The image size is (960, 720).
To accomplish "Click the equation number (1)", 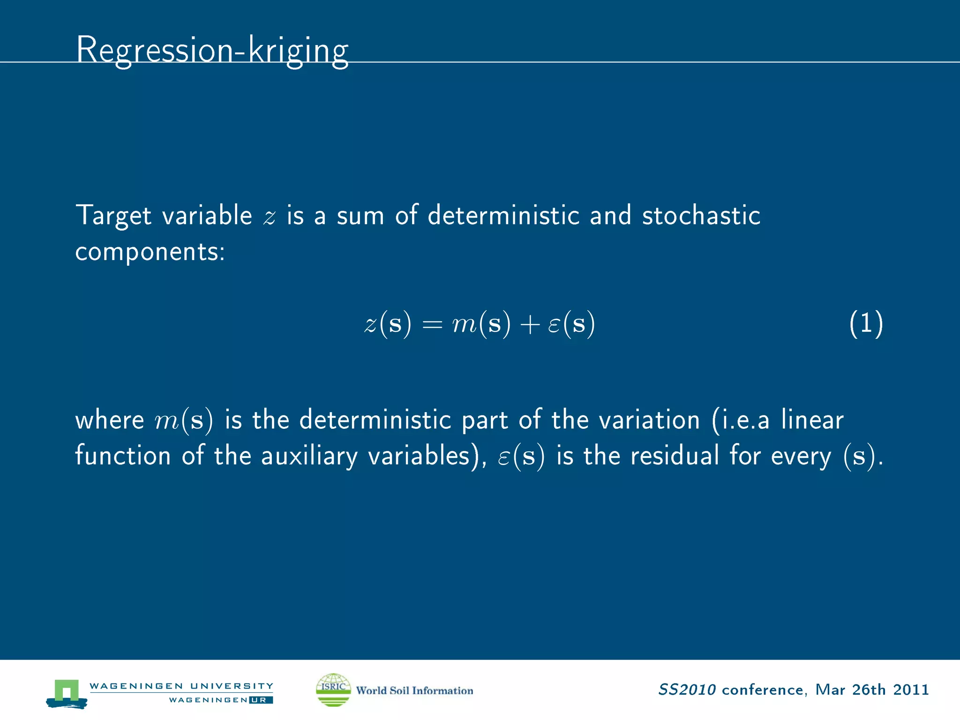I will coord(866,323).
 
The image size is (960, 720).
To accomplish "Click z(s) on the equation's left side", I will coord(388,323).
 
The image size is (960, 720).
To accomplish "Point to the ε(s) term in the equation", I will coord(571,323).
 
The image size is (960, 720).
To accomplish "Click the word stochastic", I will coord(701,216).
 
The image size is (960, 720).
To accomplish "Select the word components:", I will coord(150,252).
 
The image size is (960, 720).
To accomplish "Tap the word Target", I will coord(113,216).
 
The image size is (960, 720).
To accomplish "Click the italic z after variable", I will coord(270,217).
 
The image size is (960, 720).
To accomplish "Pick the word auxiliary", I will coord(309,456).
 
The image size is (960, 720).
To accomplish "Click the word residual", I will coord(675,456).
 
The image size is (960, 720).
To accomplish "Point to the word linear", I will coord(812,420).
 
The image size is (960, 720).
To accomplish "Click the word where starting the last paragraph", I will coord(110,420).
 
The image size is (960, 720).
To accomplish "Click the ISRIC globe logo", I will coord(333,690).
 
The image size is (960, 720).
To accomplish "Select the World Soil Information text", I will coord(414,690).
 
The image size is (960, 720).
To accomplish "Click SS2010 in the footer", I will coord(687,690).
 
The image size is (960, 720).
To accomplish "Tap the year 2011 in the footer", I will coord(911,690).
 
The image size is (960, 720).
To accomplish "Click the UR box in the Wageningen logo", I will coord(261,700).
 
